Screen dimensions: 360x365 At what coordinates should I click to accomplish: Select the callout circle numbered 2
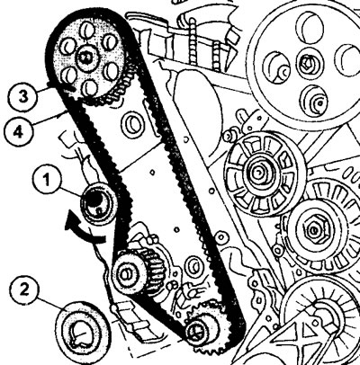click(24, 289)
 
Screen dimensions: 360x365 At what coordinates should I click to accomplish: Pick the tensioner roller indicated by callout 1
click(98, 204)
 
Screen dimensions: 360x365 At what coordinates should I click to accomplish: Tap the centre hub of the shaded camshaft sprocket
click(86, 58)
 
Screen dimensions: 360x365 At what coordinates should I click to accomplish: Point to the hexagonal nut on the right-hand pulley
click(312, 230)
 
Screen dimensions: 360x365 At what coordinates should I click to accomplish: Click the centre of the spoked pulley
click(258, 173)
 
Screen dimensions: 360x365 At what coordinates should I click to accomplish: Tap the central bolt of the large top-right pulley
click(306, 63)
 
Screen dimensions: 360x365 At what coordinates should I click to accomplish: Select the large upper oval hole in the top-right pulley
click(312, 24)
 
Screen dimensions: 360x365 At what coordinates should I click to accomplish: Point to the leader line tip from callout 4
click(66, 112)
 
